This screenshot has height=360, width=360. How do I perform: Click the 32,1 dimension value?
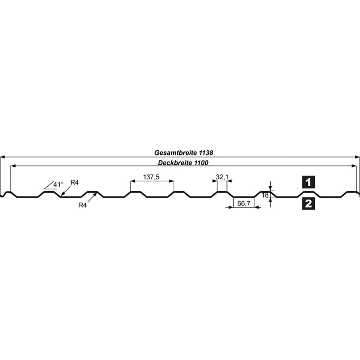click(x=222, y=177)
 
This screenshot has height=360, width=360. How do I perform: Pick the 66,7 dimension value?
click(x=243, y=203)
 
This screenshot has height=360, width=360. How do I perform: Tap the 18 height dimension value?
click(x=265, y=196)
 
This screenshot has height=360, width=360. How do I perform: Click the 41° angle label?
click(x=59, y=185)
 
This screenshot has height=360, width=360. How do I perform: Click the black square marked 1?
click(x=308, y=182)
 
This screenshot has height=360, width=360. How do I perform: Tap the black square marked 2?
click(x=308, y=203)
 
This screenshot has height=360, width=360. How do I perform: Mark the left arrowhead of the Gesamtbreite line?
click(x=2, y=156)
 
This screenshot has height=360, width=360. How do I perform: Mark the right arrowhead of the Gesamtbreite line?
click(x=357, y=156)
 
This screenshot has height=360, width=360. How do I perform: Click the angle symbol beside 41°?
click(x=49, y=186)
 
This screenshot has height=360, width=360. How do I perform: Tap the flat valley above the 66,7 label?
click(x=244, y=197)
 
